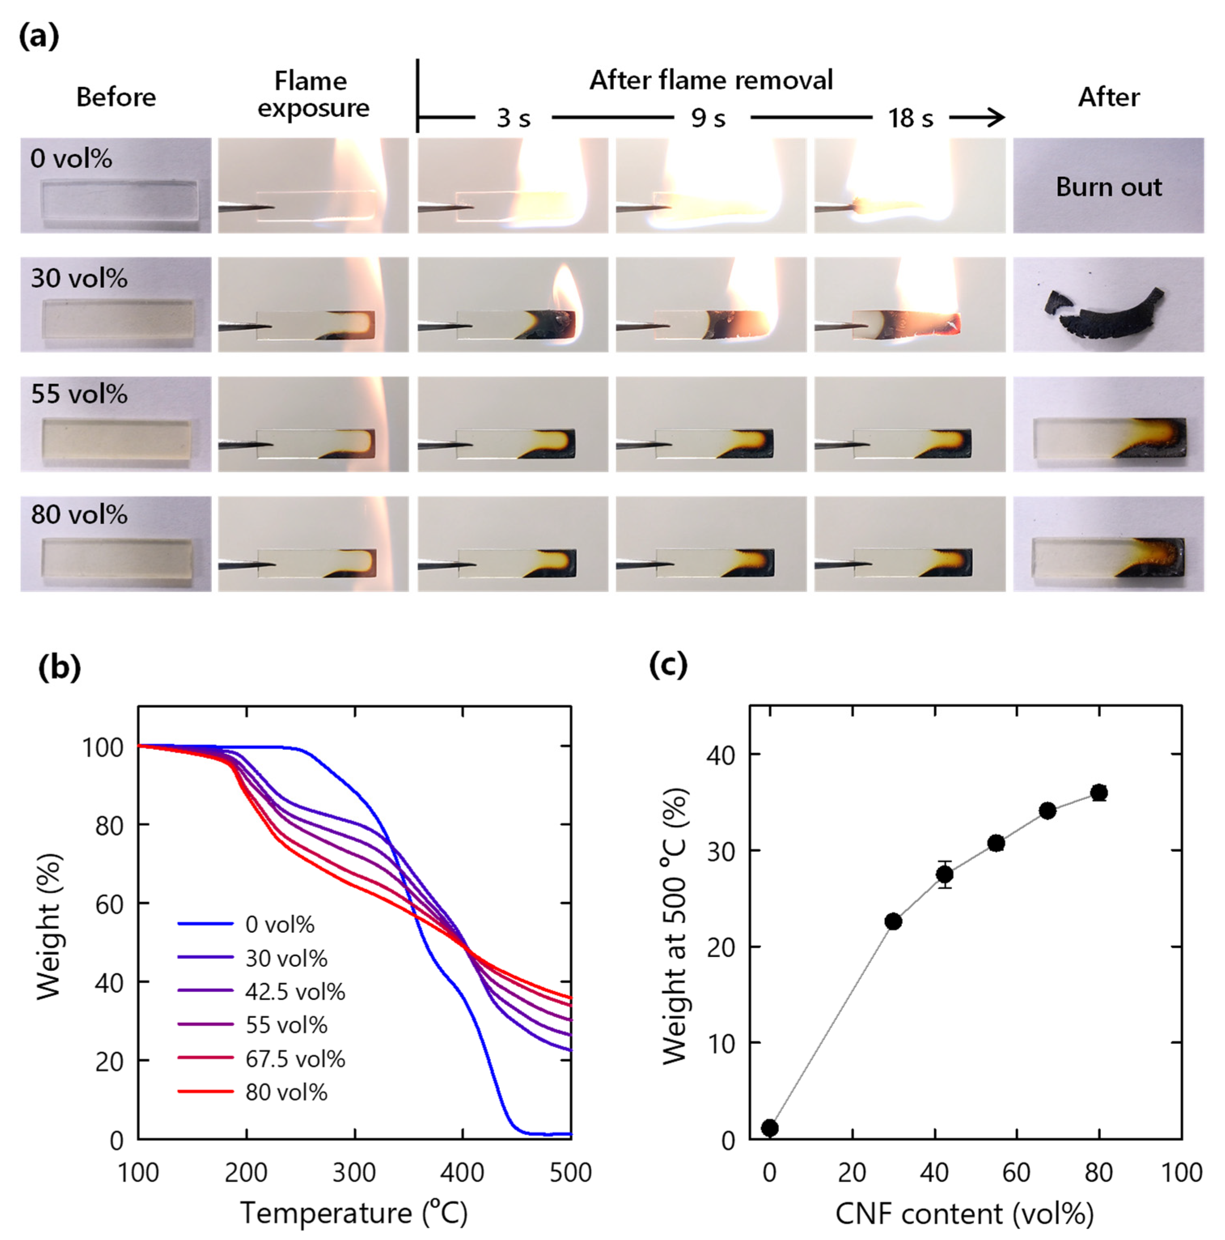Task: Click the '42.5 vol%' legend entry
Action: (294, 992)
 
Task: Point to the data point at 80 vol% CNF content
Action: (1099, 793)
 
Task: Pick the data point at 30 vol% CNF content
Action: (893, 922)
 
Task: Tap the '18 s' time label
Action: (910, 118)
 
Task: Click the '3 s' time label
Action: (513, 118)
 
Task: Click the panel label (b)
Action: (59, 667)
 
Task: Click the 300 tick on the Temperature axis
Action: (354, 1172)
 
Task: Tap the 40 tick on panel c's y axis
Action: (720, 756)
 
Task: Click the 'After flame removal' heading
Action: (711, 80)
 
